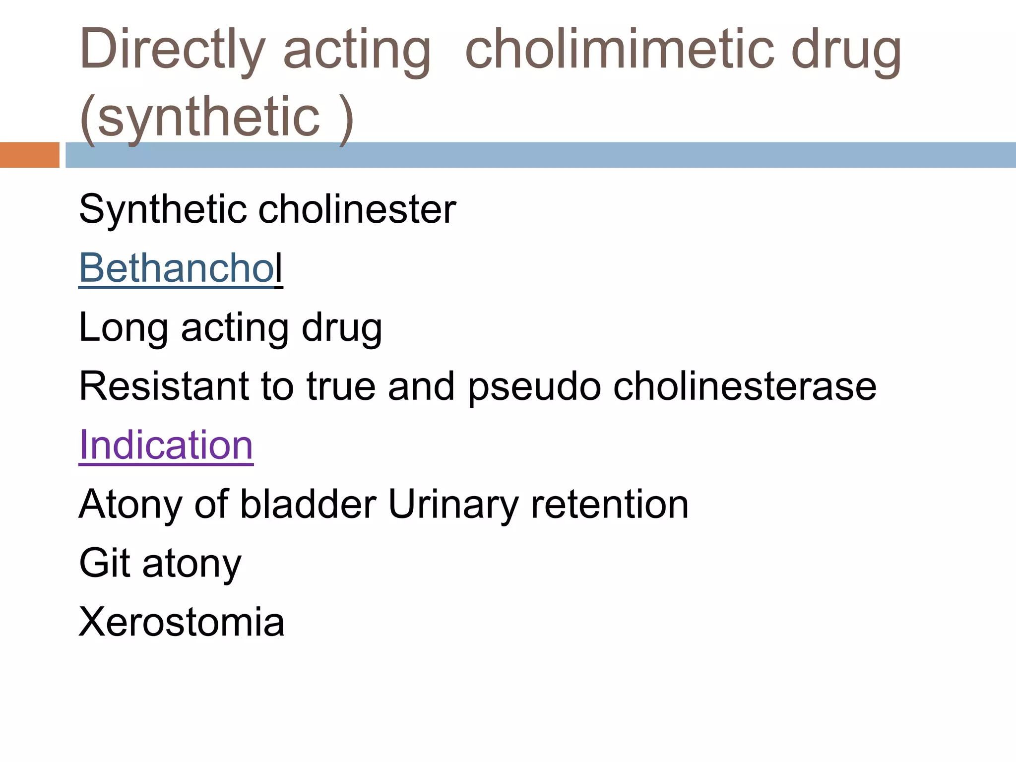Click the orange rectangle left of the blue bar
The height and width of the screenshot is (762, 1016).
29,155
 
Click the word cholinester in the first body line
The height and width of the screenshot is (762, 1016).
357,209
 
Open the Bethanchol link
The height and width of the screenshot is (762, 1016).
181,268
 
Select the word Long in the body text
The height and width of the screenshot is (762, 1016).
124,327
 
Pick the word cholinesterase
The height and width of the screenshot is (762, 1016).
745,386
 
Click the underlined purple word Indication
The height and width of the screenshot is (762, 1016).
166,445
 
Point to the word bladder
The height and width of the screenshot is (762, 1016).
308,505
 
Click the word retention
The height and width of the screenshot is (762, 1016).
610,505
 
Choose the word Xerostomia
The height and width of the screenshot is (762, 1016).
182,622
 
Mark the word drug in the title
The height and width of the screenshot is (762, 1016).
846,50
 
